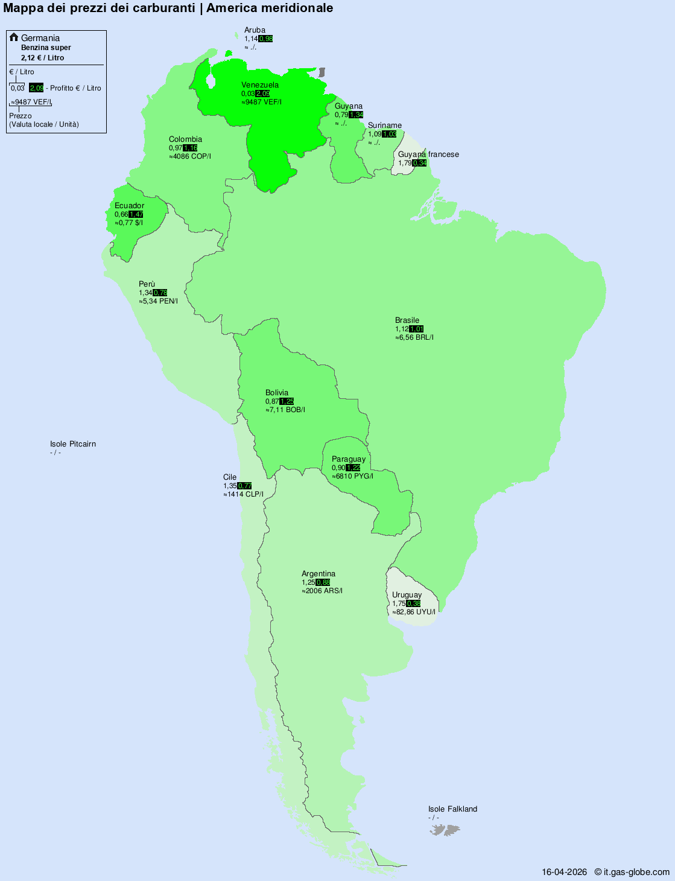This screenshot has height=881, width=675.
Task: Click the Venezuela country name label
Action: point(260,85)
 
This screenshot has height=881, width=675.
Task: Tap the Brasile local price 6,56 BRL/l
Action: point(414,337)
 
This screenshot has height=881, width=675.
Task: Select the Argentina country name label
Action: point(318,574)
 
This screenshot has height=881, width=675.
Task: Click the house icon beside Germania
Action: point(14,37)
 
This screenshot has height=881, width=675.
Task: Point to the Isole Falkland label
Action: point(452,809)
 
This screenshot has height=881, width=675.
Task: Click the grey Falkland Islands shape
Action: point(445,831)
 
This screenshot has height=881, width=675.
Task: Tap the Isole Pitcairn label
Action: point(73,444)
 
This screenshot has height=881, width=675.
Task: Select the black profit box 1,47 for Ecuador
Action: point(136,214)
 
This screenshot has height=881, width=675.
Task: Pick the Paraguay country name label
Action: point(349,459)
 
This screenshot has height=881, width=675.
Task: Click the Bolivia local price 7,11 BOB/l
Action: point(285,410)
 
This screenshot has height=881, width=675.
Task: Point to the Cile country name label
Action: point(230,477)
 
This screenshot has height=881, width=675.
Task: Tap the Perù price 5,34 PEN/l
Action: point(159,301)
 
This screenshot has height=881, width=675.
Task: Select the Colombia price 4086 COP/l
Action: point(190,156)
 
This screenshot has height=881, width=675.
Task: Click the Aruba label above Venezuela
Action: point(255,30)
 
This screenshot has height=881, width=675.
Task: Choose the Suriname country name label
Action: point(385,126)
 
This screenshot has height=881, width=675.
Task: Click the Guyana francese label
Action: point(428,154)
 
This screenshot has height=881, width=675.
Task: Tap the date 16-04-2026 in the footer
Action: point(564,872)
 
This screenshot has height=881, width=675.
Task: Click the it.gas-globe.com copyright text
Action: point(632,872)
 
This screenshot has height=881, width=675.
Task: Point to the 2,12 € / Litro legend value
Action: point(42,58)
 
